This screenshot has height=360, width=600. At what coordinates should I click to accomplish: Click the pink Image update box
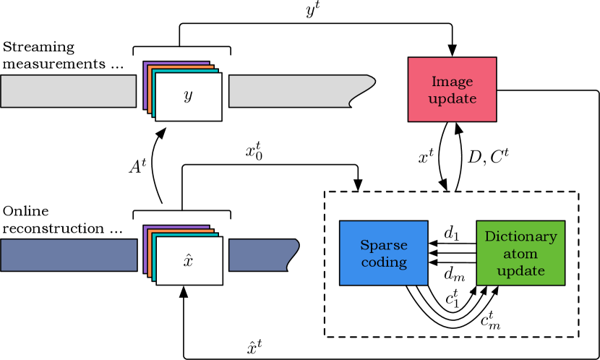coord(452,90)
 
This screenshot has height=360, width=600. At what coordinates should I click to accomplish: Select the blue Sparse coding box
coord(383,253)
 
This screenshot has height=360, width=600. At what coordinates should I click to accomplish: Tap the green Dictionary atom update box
coord(520,253)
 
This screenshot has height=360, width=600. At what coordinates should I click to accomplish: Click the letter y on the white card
coord(188,95)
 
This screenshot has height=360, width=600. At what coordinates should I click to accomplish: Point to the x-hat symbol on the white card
coord(188,260)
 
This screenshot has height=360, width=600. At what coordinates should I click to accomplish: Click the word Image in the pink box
coord(452,82)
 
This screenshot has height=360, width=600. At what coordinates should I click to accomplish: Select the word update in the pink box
coord(452,98)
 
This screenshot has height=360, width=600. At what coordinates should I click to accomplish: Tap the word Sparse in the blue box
coord(384,245)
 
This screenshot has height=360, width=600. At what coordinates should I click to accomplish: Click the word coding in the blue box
coord(384,262)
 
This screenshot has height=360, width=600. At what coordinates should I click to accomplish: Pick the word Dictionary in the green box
coord(520,236)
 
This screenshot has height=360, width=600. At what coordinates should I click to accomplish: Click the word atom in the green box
coord(520,254)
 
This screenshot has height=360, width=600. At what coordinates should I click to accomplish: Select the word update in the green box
coord(520,271)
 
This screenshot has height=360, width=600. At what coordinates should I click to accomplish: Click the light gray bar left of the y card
coord(68,91)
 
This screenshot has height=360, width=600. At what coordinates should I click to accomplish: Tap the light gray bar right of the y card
coord(289,91)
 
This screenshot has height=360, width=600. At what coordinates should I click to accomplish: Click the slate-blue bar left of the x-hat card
coord(68,255)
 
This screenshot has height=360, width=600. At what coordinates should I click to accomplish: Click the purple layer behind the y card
coord(146,80)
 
